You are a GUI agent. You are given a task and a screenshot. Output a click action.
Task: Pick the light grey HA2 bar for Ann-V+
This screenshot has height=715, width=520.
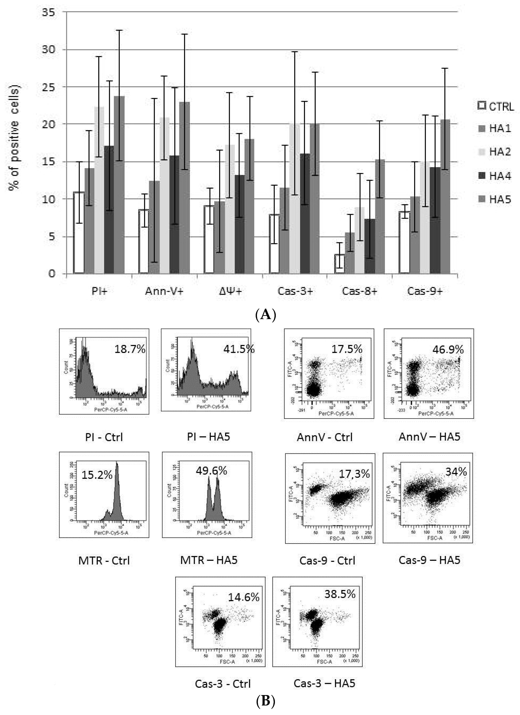point(164,196)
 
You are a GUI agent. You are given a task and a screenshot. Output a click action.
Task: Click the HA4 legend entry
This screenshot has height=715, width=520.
point(495,176)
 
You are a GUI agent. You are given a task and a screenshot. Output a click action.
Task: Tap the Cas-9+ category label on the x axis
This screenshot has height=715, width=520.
point(425,291)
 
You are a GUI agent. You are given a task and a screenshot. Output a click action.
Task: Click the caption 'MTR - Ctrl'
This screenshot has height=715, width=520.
point(104,561)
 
